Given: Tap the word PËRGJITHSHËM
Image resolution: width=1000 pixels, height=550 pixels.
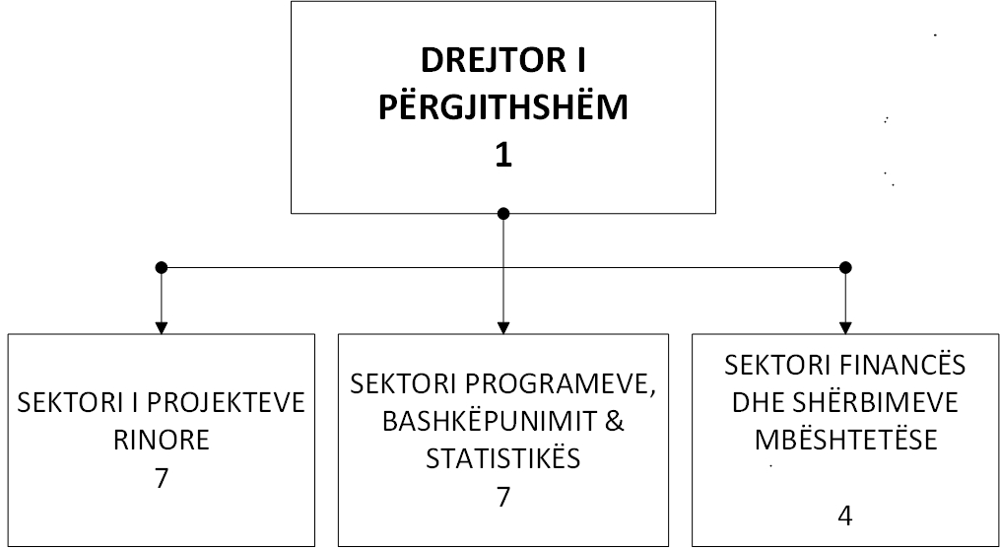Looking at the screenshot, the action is [503, 107].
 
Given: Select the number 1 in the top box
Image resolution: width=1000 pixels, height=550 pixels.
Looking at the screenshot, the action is [503, 155].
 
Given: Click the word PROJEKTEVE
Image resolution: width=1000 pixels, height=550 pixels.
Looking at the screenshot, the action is [232, 404].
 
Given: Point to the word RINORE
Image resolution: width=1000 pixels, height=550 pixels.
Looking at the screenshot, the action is [162, 441].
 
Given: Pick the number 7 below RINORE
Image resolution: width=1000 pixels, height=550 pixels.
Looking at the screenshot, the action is [162, 478].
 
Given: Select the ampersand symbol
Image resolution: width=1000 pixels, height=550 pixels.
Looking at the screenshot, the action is [614, 422].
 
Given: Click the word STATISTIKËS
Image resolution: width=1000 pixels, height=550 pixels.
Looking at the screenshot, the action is [503, 458].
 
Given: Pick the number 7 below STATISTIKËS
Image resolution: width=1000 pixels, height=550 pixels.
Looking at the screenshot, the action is [503, 497].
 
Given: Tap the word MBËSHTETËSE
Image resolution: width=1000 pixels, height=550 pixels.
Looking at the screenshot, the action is [845, 440].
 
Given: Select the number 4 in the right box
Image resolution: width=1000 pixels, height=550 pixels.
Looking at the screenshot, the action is [845, 516].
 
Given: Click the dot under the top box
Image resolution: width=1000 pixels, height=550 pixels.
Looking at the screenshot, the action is [503, 213].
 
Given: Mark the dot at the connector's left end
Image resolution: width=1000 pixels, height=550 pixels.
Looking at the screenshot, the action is [162, 267].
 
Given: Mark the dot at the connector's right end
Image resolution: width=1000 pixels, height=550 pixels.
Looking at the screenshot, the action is [845, 267].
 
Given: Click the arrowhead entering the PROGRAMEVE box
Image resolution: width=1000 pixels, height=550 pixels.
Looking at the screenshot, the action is [503, 328].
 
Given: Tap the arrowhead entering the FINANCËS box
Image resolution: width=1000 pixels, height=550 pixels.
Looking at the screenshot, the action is [845, 328].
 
